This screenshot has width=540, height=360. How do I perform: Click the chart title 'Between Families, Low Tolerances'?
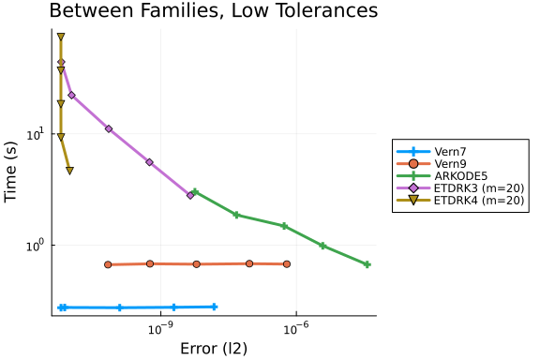click(x=214, y=10)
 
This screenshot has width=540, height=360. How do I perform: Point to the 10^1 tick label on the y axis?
click(x=36, y=134)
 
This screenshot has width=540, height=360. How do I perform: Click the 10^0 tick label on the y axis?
click(x=36, y=246)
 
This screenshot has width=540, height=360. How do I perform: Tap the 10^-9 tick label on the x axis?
click(x=159, y=329)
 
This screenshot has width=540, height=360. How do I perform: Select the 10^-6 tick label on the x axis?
click(x=295, y=329)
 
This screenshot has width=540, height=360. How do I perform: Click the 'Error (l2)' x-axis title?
click(x=214, y=349)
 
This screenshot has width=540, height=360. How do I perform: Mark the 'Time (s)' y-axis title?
click(x=11, y=172)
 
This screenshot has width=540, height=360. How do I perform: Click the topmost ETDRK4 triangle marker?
click(x=61, y=37)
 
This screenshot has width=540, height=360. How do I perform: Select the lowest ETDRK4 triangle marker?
click(x=70, y=171)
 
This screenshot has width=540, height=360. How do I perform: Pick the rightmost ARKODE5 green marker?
click(x=367, y=264)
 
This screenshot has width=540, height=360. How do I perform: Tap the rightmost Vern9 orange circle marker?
click(x=287, y=263)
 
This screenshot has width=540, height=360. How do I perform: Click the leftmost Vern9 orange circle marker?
click(x=108, y=264)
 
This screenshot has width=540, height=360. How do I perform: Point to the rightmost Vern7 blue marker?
click(x=214, y=307)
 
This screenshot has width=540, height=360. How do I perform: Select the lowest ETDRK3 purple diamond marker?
click(x=190, y=195)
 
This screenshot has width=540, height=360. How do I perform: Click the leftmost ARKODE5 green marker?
click(x=195, y=191)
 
